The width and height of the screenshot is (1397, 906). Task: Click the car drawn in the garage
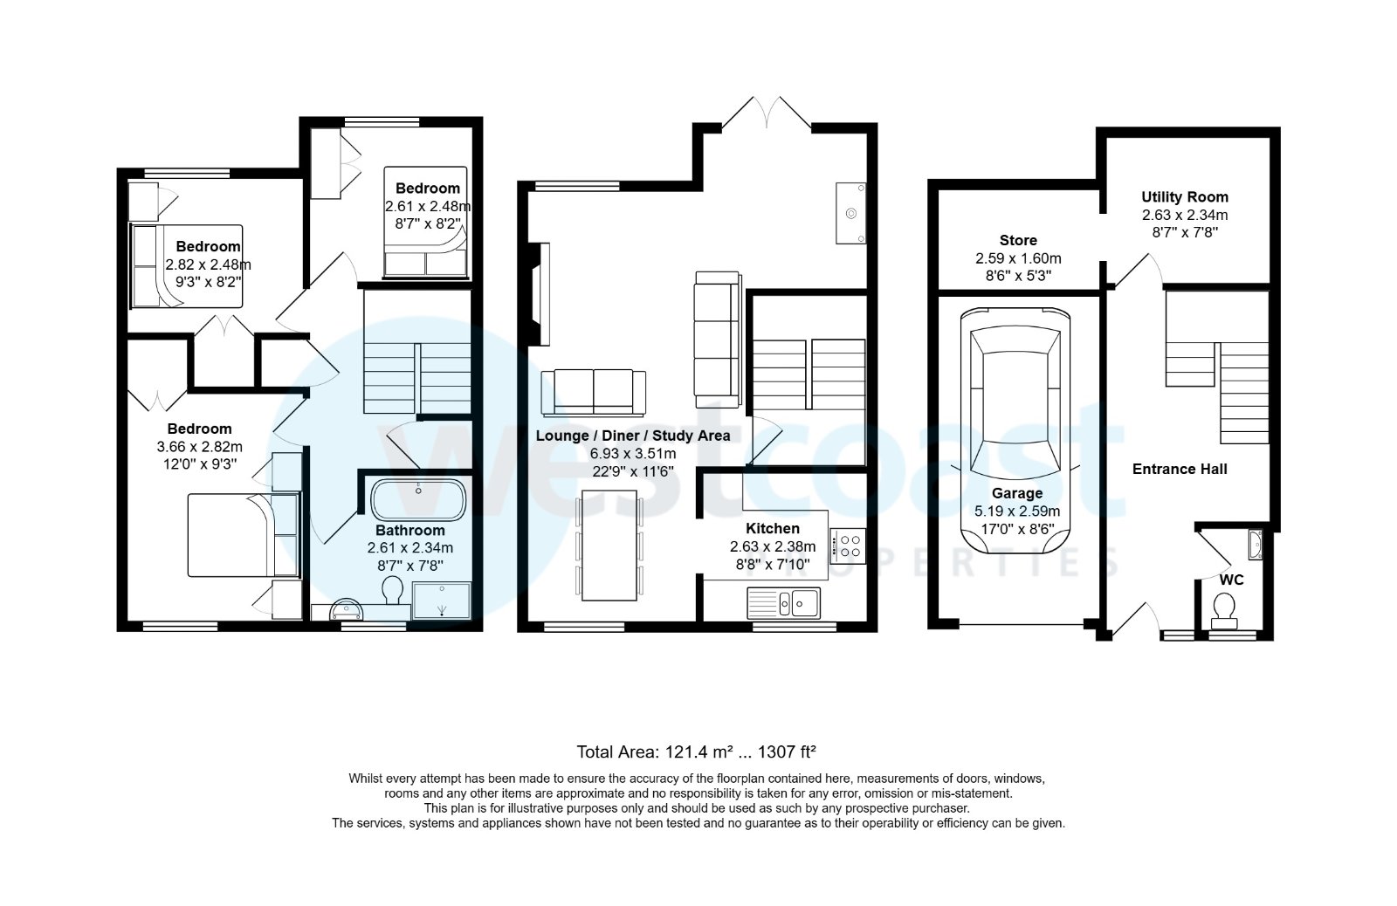click(x=1016, y=428)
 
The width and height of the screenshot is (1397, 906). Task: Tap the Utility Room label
click(x=1184, y=197)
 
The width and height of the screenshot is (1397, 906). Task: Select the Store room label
click(x=1018, y=240)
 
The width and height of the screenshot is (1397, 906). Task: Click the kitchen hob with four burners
click(x=848, y=546)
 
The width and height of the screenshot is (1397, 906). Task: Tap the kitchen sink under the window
click(x=783, y=601)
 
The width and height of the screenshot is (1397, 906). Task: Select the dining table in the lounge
click(x=609, y=545)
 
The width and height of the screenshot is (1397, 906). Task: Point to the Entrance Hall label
click(x=1180, y=470)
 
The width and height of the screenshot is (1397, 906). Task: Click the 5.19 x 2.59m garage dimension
click(x=1017, y=511)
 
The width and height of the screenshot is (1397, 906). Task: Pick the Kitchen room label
click(x=772, y=529)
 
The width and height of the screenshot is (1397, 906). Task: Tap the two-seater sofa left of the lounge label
click(x=593, y=391)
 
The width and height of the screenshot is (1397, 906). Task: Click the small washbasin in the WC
click(x=1255, y=545)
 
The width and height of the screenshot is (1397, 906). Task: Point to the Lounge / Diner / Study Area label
click(x=633, y=436)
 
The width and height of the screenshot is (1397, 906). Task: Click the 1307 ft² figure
click(x=787, y=752)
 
